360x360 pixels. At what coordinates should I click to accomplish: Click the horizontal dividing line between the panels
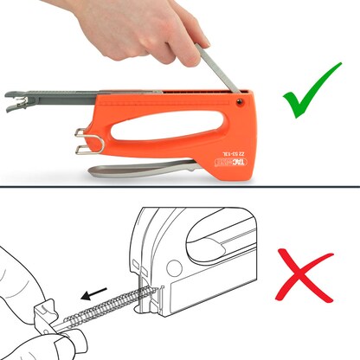coord(180,184)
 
